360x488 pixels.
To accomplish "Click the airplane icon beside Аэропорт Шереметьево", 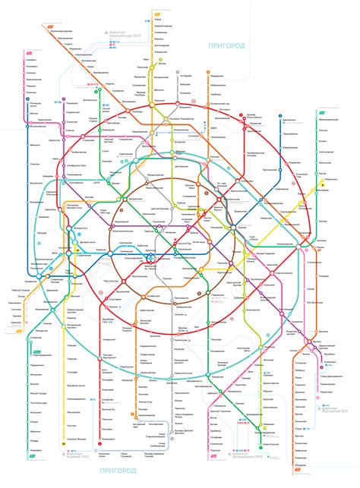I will click(x=101, y=33).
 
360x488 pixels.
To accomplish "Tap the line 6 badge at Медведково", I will click(x=207, y=75).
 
